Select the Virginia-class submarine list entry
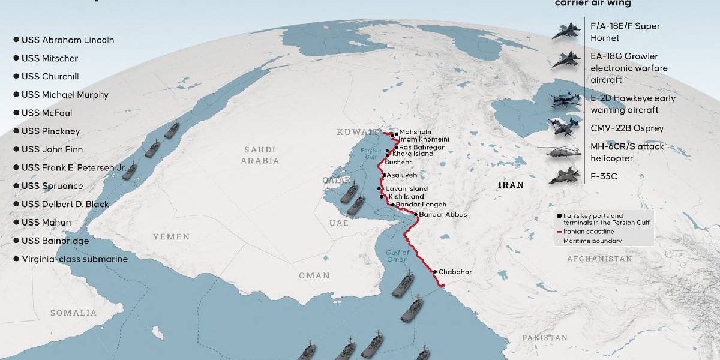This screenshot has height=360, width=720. (x=74, y=259)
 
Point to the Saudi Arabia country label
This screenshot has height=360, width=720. (x=260, y=155)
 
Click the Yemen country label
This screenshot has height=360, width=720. (x=171, y=237)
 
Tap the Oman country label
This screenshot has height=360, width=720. (x=314, y=275)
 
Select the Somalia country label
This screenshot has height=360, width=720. (x=73, y=313)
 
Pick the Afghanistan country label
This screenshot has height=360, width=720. (x=599, y=259)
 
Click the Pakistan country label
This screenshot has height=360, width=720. (x=544, y=338)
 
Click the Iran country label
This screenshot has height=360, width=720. (x=511, y=185)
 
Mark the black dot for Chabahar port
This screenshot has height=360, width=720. (x=434, y=272)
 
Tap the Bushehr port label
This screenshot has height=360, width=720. (x=398, y=162)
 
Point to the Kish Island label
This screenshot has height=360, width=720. (x=406, y=196)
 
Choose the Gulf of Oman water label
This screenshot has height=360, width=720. (x=398, y=256)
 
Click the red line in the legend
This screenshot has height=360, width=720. (x=559, y=231)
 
